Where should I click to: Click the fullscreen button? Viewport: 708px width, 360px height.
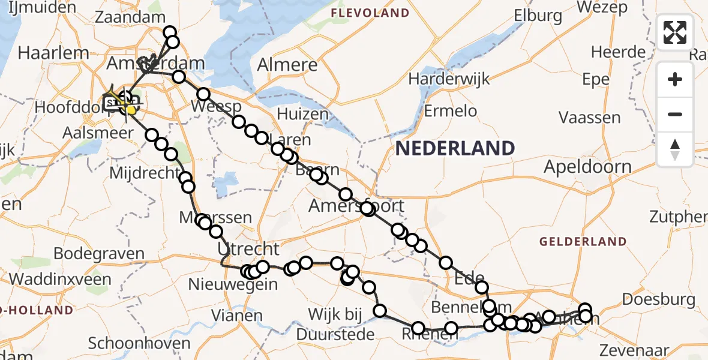coord(675,32)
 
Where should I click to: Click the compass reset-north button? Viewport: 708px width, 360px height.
coord(675,149)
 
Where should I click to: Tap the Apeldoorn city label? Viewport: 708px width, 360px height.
coord(587,167)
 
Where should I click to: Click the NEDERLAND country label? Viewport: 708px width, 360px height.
coord(455,148)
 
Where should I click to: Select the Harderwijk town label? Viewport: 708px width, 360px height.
coord(449,79)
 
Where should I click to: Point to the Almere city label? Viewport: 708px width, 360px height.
coord(287,65)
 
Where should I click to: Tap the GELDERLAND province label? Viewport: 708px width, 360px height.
coord(583,242)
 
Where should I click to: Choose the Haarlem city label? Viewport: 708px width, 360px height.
coord(53,52)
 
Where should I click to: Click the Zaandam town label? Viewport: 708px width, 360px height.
coord(130,17)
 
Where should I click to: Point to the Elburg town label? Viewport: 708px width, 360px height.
coord(537,16)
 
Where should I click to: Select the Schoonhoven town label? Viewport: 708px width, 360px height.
coord(139,344)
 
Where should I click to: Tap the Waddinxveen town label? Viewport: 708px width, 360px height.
coord(60,279)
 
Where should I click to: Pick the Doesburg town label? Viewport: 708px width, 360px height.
coord(659,299)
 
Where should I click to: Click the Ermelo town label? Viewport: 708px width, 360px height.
coord(450,111)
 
